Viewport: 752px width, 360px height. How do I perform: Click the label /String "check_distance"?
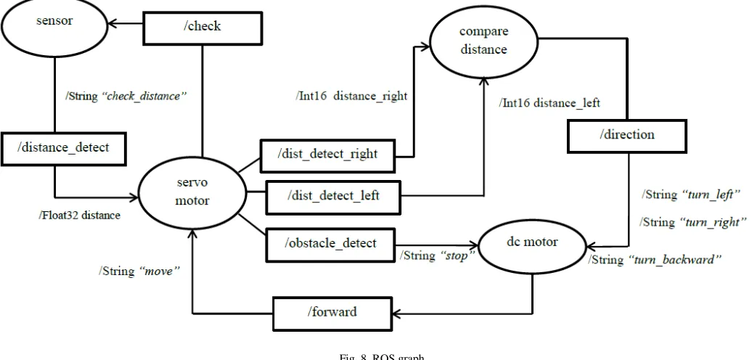pyautogui.click(x=126, y=96)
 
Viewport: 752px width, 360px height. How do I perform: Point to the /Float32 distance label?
pyautogui.click(x=80, y=216)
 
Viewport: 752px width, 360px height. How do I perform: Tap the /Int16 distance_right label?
pyautogui.click(x=351, y=96)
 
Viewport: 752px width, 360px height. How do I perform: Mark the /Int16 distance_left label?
pyautogui.click(x=549, y=102)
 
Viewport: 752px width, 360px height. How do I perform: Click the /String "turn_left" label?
pyautogui.click(x=691, y=195)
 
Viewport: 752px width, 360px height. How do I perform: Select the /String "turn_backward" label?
pyautogui.click(x=655, y=260)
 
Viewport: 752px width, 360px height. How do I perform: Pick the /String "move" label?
pyautogui.click(x=139, y=271)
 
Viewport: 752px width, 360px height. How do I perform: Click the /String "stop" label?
pyautogui.click(x=438, y=255)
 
